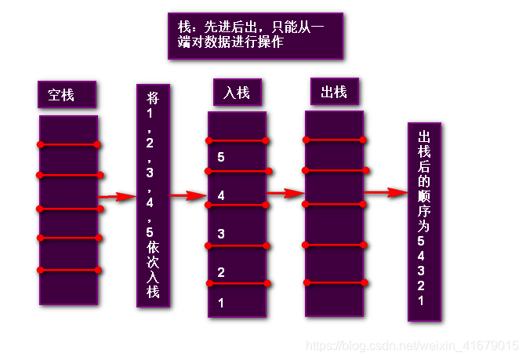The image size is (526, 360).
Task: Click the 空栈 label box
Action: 67,95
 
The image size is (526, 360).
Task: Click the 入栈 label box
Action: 236,93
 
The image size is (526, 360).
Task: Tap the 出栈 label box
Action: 334,92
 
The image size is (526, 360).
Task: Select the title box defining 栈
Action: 256,35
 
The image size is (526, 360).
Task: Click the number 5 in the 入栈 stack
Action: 221,157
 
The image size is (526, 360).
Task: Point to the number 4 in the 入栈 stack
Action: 221,195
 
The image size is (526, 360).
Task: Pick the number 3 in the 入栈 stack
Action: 221,234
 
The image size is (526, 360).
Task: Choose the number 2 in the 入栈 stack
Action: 221,272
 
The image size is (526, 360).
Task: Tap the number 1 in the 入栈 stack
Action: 221,302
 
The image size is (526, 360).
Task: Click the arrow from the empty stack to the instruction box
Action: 118,197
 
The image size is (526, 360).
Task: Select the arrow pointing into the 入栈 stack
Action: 189,195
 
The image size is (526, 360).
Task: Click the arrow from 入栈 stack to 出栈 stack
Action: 285,192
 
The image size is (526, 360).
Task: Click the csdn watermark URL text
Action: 411,346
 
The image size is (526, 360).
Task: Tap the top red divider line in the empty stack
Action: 68,144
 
